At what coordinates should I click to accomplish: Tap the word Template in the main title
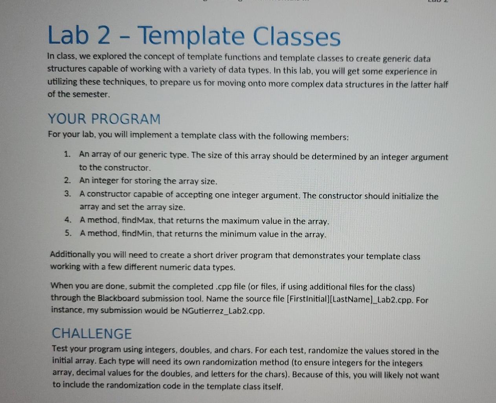point(191,37)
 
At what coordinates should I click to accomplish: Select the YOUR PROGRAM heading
point(104,119)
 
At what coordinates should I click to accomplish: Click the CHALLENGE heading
point(92,333)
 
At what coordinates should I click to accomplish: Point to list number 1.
point(67,154)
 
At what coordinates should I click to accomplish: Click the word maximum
point(241,221)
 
